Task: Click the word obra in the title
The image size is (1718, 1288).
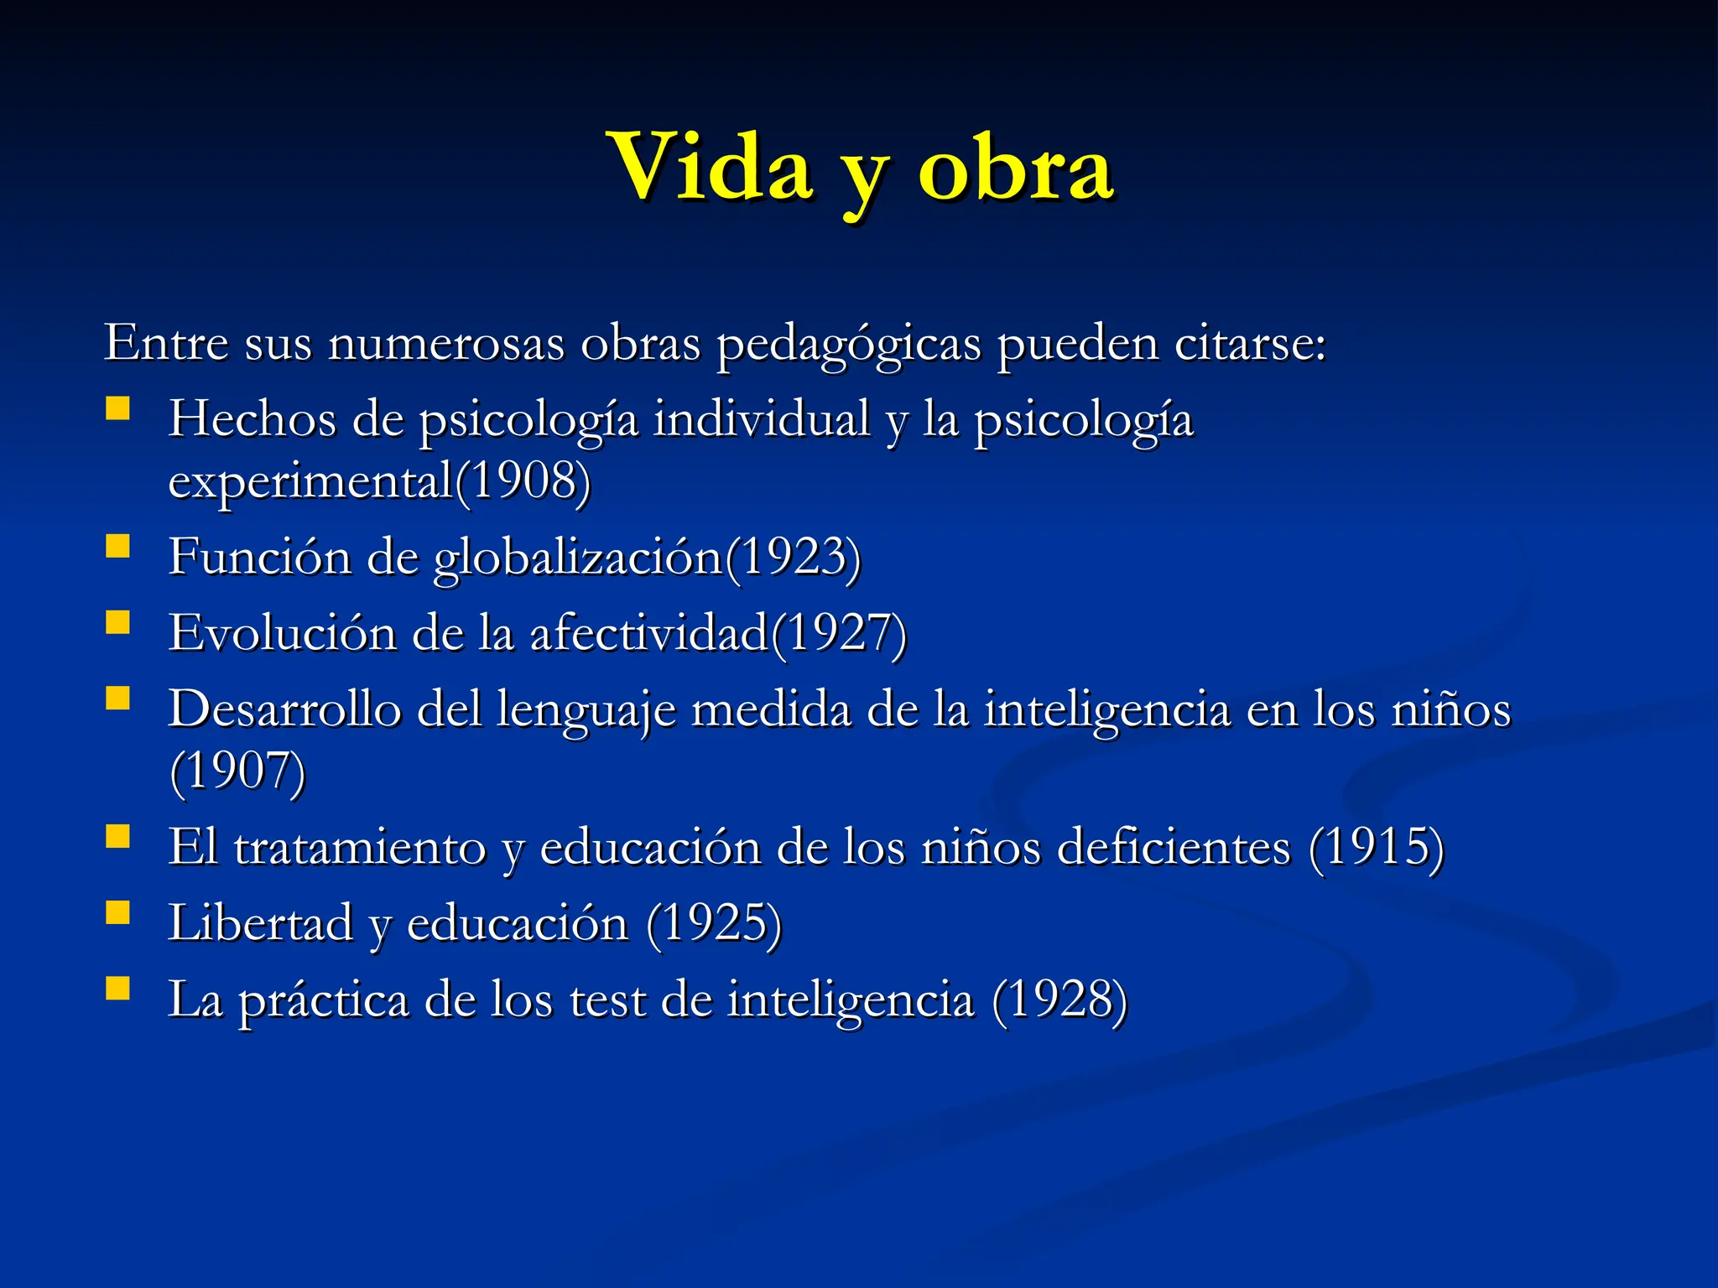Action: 1016,168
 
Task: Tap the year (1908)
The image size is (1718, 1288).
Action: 523,481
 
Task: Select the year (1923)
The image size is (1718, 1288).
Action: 793,557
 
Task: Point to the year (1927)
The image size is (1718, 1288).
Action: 839,633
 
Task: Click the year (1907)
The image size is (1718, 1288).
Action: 237,771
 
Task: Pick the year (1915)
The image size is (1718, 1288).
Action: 1376,847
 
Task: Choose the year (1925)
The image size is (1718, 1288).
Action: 714,923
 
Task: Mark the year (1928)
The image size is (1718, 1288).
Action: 1059,1000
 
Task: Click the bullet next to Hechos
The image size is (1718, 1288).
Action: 118,408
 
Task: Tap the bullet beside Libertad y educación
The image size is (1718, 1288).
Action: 118,912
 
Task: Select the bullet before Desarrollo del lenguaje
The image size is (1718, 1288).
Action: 118,699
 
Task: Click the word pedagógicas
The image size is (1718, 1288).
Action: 848,344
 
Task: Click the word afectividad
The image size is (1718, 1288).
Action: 649,633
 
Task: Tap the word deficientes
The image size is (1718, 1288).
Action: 1174,847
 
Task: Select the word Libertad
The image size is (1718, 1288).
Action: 260,923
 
